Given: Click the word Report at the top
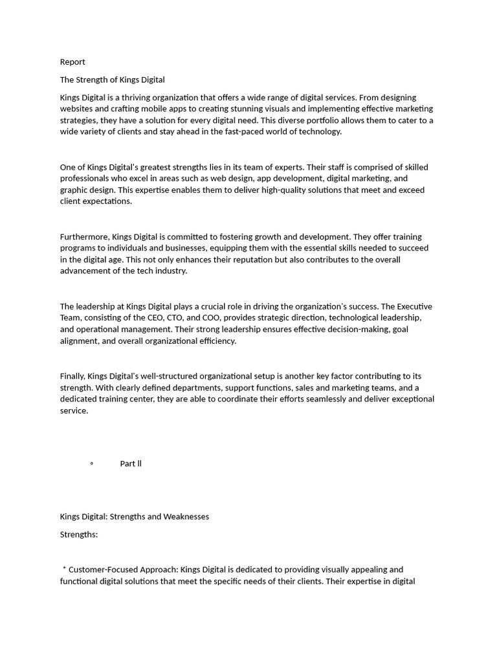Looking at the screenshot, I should tap(72, 62).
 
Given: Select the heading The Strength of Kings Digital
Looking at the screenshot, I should tap(112, 80).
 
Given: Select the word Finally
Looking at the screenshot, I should tap(72, 376).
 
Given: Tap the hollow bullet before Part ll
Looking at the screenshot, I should tap(92, 464).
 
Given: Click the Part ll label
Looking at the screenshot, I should tap(131, 464).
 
